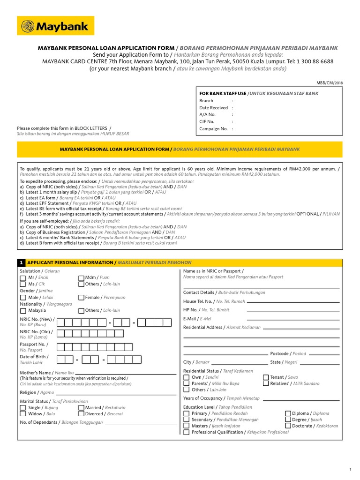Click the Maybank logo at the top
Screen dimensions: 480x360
pos(55,26)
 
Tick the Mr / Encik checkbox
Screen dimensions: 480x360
pos(23,278)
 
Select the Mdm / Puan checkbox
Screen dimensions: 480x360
pos(81,278)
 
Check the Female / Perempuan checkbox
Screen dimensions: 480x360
pos(81,297)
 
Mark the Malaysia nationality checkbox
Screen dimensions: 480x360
pos(23,310)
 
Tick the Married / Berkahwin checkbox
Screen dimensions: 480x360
pos(81,408)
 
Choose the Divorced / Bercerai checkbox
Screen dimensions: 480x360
pos(81,414)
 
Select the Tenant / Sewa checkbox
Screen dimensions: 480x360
pos(266,377)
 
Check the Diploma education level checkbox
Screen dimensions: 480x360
pos(288,413)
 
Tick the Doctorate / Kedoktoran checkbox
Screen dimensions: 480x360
pos(288,426)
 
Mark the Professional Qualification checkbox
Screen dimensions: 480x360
pos(187,432)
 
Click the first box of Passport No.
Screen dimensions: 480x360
pos(62,347)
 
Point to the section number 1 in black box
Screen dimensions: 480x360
pos(21,262)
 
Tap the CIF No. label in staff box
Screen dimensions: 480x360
pos(207,121)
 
